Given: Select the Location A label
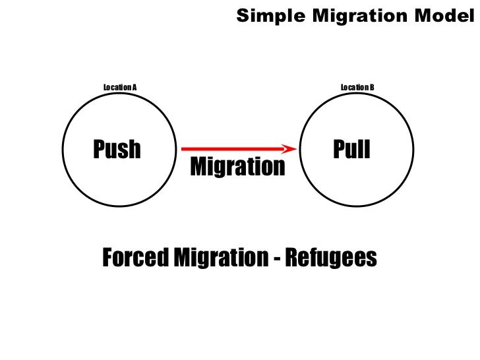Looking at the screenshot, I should pos(119,87).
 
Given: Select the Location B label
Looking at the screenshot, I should pos(357,87).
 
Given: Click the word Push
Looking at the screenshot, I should pos(117,150).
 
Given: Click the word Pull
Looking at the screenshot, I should pos(352,150).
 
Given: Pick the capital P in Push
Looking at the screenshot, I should pos(100,150).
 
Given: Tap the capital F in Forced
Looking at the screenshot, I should pos(107,258).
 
